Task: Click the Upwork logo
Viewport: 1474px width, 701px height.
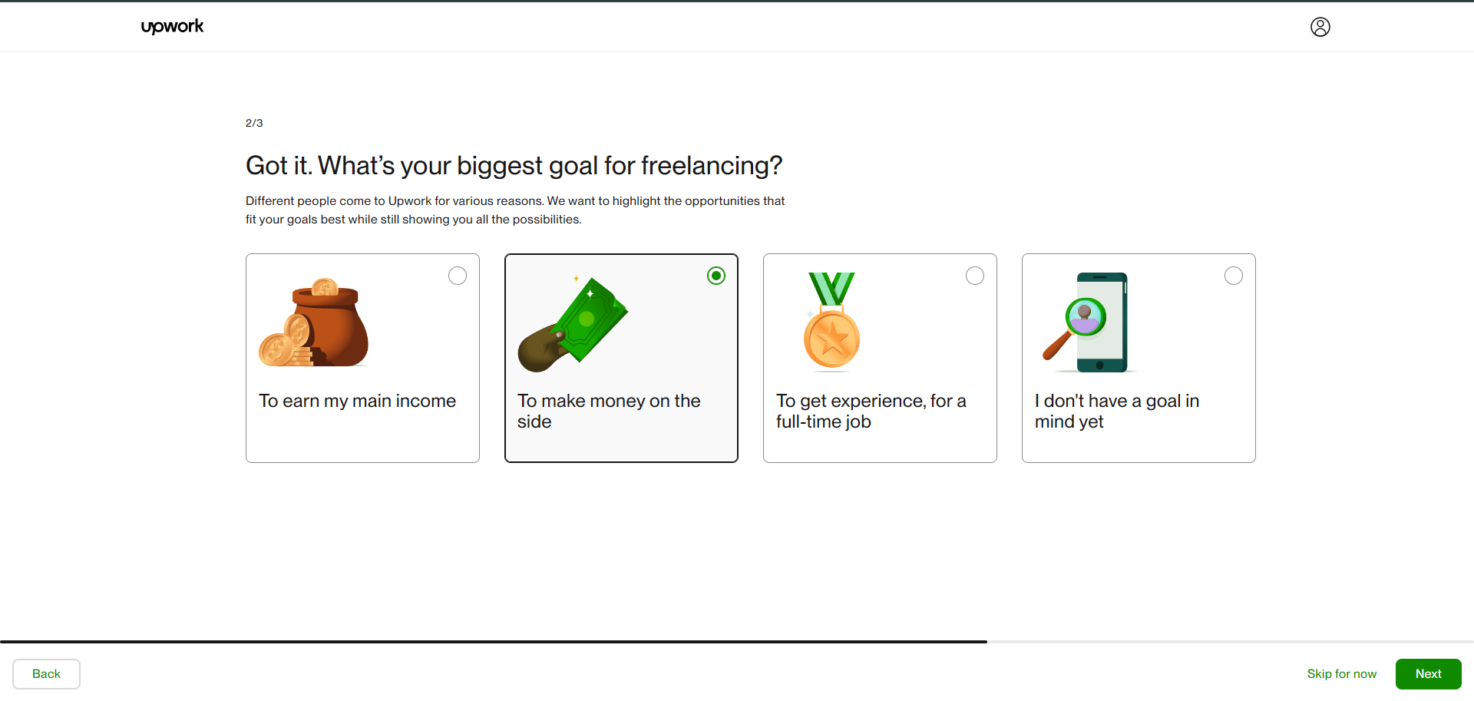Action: click(x=172, y=26)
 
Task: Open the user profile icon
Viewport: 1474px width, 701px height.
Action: click(x=1320, y=27)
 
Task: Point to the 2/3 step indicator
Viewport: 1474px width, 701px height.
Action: click(x=254, y=123)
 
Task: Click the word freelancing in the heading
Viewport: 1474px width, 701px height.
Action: click(x=712, y=166)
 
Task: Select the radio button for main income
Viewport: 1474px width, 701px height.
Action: click(x=458, y=276)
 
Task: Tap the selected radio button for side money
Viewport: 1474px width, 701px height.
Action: click(x=716, y=276)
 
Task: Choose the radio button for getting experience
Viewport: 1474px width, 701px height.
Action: click(x=975, y=276)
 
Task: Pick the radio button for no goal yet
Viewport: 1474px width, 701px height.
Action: click(x=1234, y=276)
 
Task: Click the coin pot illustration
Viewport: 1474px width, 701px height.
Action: click(x=314, y=322)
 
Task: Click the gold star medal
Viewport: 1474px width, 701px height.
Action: click(x=831, y=339)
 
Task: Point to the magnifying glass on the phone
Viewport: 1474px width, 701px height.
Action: click(x=1075, y=327)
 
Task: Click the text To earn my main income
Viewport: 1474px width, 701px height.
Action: click(x=357, y=401)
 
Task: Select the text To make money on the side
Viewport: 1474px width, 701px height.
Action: click(x=609, y=411)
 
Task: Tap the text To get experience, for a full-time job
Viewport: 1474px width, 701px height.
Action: click(x=871, y=411)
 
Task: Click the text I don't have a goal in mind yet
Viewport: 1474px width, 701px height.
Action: click(x=1116, y=411)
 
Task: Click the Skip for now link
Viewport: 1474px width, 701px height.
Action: click(x=1342, y=673)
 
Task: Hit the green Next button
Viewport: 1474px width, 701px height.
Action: click(x=1428, y=673)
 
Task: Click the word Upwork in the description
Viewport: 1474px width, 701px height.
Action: click(x=410, y=201)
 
